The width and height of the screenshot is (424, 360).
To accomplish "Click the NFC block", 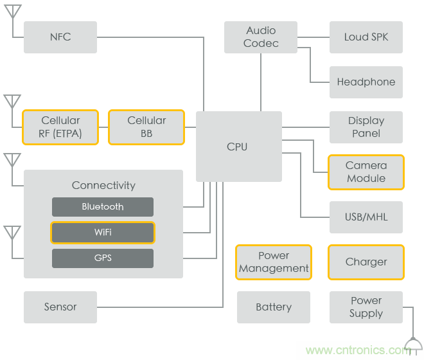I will coord(60,37).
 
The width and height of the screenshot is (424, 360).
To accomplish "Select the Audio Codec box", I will coord(261,37).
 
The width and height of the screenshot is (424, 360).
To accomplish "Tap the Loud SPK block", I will coord(366,37).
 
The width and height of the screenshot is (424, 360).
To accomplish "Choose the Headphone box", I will coord(366,82).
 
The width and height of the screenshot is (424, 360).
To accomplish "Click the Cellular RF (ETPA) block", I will coord(60,127).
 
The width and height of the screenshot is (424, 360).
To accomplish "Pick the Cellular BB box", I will coord(146,127).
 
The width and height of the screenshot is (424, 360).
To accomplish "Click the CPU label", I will coord(237,147).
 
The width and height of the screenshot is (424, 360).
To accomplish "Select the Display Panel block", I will coord(366,127).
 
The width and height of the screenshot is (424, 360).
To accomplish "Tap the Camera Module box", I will coord(366,172).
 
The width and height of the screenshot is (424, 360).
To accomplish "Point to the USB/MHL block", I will coord(366,217).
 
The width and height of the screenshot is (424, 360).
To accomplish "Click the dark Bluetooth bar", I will coord(103,207).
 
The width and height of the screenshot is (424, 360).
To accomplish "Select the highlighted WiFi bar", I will coord(103,233).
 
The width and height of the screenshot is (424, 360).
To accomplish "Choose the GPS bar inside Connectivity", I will coord(103,258).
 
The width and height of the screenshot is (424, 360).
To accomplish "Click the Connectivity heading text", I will coord(103,185).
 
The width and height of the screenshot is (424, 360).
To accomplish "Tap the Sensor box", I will coord(60,307).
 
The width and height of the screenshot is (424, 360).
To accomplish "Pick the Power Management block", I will coord(274,262).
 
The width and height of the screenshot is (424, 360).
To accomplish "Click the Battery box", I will coord(274,307).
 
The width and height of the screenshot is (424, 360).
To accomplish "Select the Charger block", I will coord(366,262).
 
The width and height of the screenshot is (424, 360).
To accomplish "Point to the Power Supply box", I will coord(366,307).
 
